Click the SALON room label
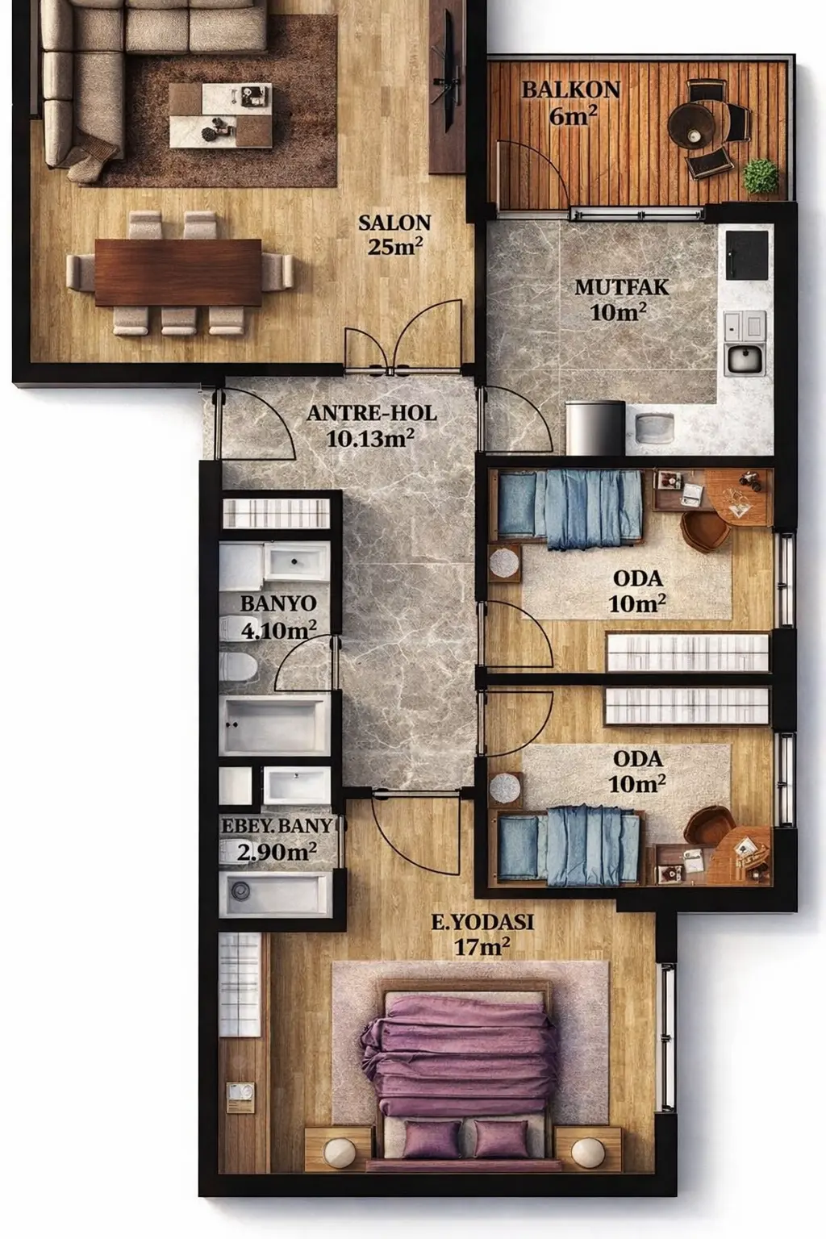click(x=394, y=223)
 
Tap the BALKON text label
click(x=571, y=90)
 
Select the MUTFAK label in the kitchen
click(x=622, y=288)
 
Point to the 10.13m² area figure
click(x=370, y=439)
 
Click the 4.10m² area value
click(x=279, y=629)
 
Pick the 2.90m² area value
click(x=277, y=851)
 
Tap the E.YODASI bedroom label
click(x=482, y=922)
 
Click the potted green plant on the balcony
click(x=760, y=177)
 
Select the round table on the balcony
click(x=693, y=125)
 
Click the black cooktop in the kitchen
click(x=747, y=255)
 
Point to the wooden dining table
click(x=177, y=272)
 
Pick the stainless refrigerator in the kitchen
click(x=595, y=428)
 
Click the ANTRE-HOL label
click(x=371, y=414)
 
